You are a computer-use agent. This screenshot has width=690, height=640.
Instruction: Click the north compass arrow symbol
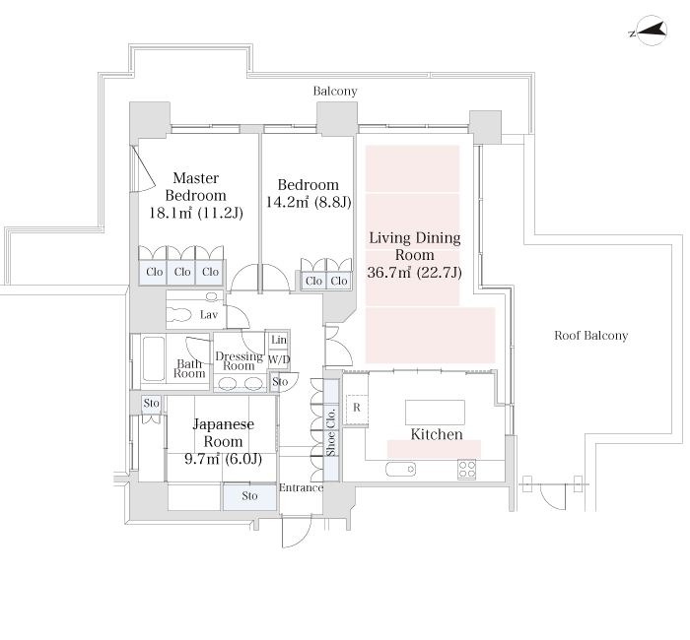click(x=651, y=31)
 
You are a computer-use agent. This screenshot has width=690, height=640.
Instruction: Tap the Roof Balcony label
click(x=591, y=336)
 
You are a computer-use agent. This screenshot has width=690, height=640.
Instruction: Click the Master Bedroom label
click(x=196, y=186)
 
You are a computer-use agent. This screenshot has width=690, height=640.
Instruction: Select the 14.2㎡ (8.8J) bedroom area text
click(x=309, y=202)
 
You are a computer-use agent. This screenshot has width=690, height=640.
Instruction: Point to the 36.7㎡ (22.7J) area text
click(x=415, y=273)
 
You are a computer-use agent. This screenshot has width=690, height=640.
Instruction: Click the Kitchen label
click(x=437, y=434)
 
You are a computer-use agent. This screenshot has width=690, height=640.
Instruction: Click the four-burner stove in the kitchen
click(x=467, y=469)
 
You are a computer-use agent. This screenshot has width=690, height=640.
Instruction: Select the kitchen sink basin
click(x=401, y=469)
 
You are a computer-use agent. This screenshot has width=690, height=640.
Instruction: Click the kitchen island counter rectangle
click(x=435, y=413)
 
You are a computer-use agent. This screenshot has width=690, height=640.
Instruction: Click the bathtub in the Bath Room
click(x=154, y=358)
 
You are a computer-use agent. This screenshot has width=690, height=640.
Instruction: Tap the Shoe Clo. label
click(x=331, y=431)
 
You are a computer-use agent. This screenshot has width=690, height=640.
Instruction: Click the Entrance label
click(x=301, y=488)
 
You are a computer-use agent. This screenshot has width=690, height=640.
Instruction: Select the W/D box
click(x=279, y=360)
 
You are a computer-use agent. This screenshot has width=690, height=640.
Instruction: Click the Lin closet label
click(x=279, y=340)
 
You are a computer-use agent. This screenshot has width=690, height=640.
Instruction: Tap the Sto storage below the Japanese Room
click(x=249, y=496)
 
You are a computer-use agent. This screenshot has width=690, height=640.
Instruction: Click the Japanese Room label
click(x=223, y=432)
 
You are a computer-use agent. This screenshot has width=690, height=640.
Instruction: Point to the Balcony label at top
click(x=335, y=91)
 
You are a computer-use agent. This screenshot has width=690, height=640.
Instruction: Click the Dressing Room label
click(x=239, y=361)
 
